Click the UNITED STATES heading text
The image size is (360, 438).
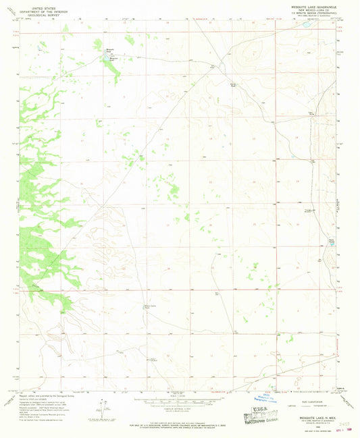42,4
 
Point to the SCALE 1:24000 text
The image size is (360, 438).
179,395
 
